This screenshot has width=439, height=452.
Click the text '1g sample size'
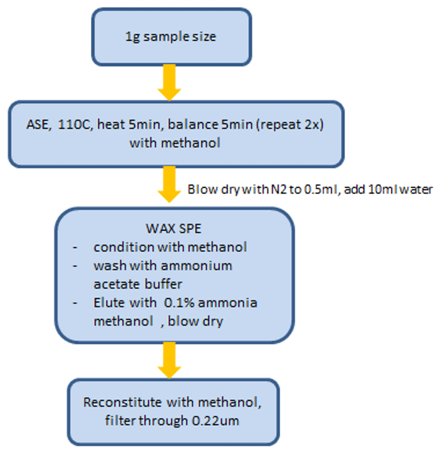pos(171,37)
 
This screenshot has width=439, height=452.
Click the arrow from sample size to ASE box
pos(169,83)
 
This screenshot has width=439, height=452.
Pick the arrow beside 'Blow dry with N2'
pos(169,184)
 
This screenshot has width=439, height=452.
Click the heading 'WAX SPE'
pos(174,229)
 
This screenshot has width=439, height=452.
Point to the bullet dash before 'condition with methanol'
pos(75,247)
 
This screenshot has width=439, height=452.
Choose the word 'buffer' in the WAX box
pos(163,284)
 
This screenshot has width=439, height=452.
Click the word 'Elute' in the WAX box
pos(110,302)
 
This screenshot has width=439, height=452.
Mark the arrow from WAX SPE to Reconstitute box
pos(169,360)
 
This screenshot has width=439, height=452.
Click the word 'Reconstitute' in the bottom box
pos(123,402)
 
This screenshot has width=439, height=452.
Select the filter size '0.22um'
pos(215,420)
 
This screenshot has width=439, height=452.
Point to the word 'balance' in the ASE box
pos(193,124)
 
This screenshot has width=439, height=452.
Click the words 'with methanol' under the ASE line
pos(175,143)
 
